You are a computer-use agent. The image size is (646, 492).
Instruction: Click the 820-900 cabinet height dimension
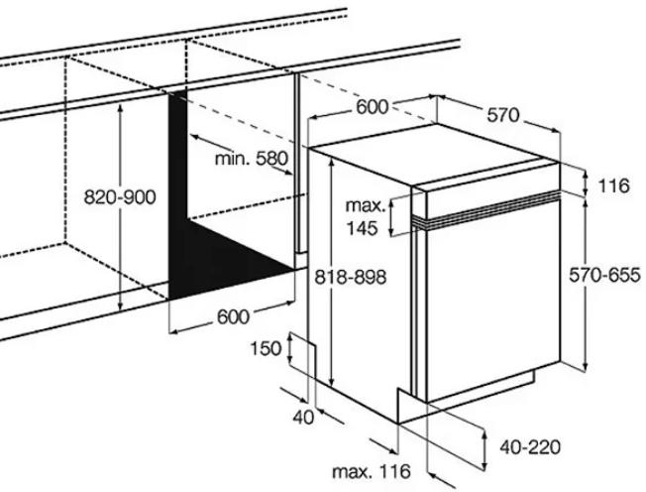pyautogui.click(x=120, y=197)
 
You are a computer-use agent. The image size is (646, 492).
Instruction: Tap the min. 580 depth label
pyautogui.click(x=251, y=158)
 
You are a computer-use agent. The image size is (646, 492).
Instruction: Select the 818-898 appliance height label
pyautogui.click(x=351, y=277)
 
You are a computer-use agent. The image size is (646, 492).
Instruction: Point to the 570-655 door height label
pyautogui.click(x=604, y=275)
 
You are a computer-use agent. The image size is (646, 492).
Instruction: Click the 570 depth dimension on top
pyautogui.click(x=503, y=115)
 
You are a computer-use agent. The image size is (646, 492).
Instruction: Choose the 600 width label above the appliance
pyautogui.click(x=372, y=107)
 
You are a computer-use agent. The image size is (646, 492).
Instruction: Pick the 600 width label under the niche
pyautogui.click(x=233, y=316)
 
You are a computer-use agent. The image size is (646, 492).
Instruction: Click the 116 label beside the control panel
pyautogui.click(x=614, y=186)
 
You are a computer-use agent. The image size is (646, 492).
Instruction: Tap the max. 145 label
pyautogui.click(x=364, y=217)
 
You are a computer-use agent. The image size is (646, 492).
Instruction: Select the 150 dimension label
pyautogui.click(x=267, y=349)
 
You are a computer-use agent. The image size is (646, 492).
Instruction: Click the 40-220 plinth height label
pyautogui.click(x=530, y=446)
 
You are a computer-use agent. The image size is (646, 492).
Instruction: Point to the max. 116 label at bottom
pyautogui.click(x=372, y=471)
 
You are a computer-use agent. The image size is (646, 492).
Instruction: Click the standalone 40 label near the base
pyautogui.click(x=303, y=418)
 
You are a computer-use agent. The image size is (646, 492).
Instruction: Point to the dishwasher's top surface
pyautogui.click(x=433, y=155)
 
